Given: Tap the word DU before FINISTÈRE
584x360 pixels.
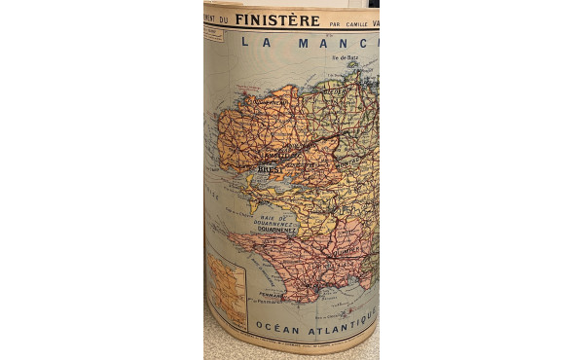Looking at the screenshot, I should pos(224,19).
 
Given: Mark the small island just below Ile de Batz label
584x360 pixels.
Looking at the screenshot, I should pos(350,69).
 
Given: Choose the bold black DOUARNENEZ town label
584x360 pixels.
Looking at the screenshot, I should pos(276,229).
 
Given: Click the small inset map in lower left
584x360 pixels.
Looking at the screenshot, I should pos(227,291).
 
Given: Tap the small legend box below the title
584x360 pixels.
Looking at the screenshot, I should pos(213,35).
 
